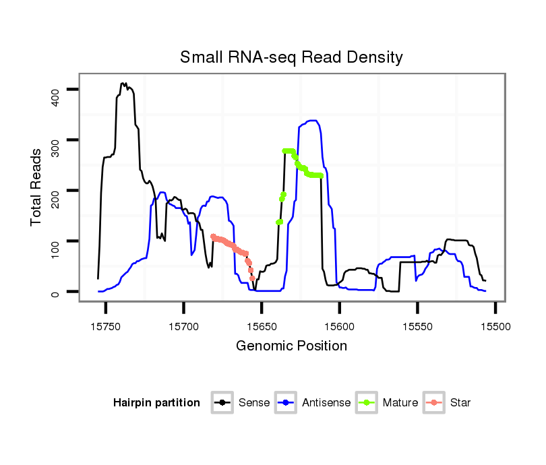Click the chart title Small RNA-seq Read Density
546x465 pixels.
tap(291, 57)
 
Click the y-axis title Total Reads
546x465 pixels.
tap(36, 187)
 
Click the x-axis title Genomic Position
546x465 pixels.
tap(291, 346)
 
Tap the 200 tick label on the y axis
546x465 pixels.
tap(56, 191)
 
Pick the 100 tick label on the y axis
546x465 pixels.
tap(56, 241)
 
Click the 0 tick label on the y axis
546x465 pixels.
tap(56, 292)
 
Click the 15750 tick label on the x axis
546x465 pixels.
tap(106, 325)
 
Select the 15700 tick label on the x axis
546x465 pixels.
tap(183, 325)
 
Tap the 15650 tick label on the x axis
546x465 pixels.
tap(262, 325)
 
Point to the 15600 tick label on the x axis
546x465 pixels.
tap(339, 325)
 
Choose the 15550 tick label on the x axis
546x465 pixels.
tap(417, 325)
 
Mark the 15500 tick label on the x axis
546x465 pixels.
tap(495, 325)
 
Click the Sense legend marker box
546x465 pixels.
tap(222, 403)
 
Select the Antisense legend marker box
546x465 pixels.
tap(286, 403)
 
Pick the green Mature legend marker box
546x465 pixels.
tap(367, 403)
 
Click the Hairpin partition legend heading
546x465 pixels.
tap(156, 403)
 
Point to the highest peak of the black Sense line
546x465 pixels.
tap(123, 84)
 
